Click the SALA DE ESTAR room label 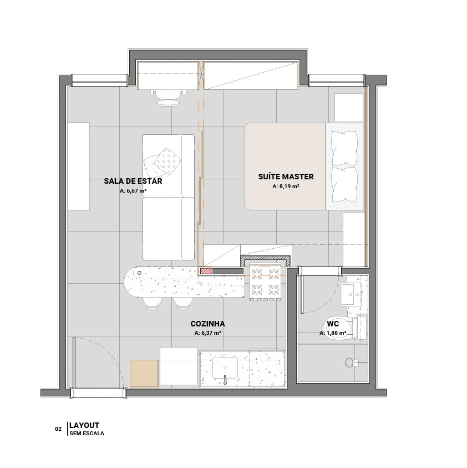(x=133, y=181)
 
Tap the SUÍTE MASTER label (x=286, y=177)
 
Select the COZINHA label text (x=207, y=324)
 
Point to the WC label (x=333, y=324)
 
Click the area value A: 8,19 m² (x=286, y=186)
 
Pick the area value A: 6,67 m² (x=133, y=191)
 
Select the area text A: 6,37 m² (x=207, y=333)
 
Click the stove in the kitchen (x=265, y=282)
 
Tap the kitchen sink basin (x=225, y=368)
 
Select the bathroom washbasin (x=351, y=294)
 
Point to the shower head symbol (x=349, y=363)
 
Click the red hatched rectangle (x=206, y=271)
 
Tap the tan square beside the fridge (x=144, y=374)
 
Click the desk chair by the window (x=168, y=97)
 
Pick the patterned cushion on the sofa (x=167, y=162)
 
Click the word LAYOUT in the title (x=84, y=425)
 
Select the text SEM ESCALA (x=87, y=434)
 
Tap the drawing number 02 (x=58, y=429)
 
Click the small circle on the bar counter (x=139, y=273)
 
